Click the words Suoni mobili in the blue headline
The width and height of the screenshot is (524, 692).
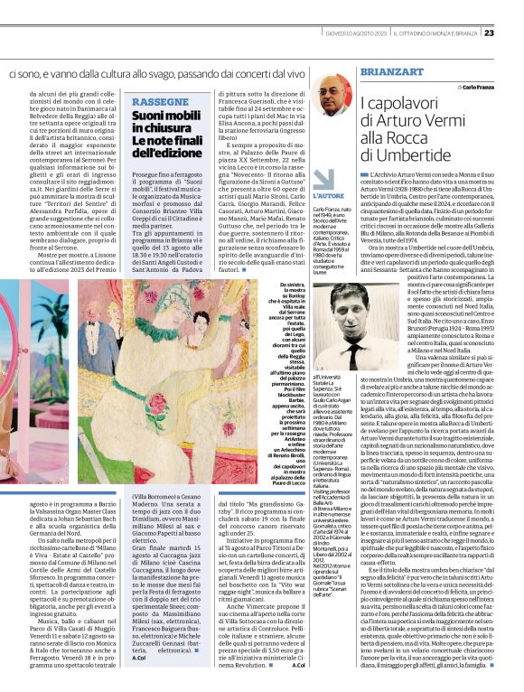(x=167, y=117)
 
